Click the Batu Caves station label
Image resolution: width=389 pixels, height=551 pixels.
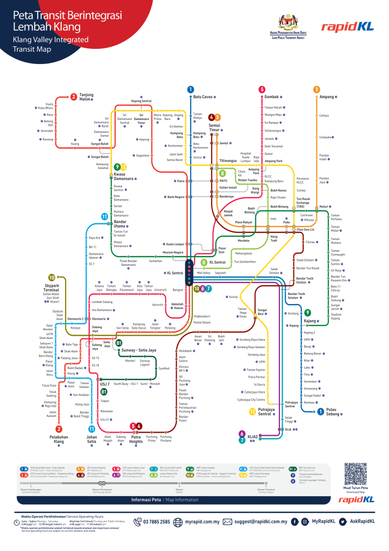[204, 97]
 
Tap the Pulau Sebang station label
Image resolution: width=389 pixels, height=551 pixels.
[335, 413]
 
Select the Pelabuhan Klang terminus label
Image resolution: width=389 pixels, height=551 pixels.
[59, 439]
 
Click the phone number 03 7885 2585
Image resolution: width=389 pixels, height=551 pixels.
[156, 521]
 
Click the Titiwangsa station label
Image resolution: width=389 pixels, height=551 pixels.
[228, 161]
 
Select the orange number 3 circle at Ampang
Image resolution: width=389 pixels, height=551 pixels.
[316, 89]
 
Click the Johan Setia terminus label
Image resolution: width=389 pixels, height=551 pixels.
[92, 439]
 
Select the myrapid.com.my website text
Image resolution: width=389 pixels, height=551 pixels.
[202, 521]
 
